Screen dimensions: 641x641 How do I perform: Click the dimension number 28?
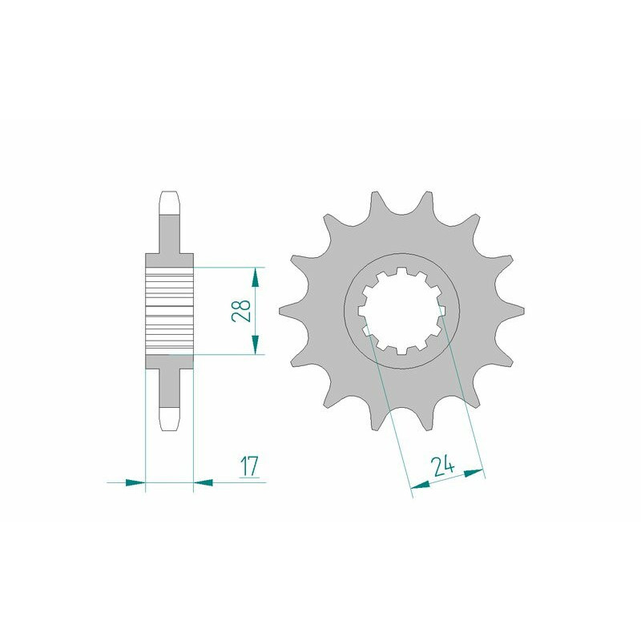pos(241,311)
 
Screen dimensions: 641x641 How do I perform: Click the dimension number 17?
pos(250,466)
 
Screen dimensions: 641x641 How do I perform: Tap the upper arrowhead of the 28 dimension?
pos(255,277)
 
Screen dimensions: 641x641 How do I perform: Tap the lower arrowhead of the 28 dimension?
pos(255,345)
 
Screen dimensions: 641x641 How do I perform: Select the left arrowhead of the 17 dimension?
pos(135,482)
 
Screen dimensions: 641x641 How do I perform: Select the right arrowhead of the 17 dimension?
pos(203,482)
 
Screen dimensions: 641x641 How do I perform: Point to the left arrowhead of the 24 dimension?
pos(420,486)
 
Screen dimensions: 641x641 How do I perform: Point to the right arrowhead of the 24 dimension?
pos(474,474)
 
